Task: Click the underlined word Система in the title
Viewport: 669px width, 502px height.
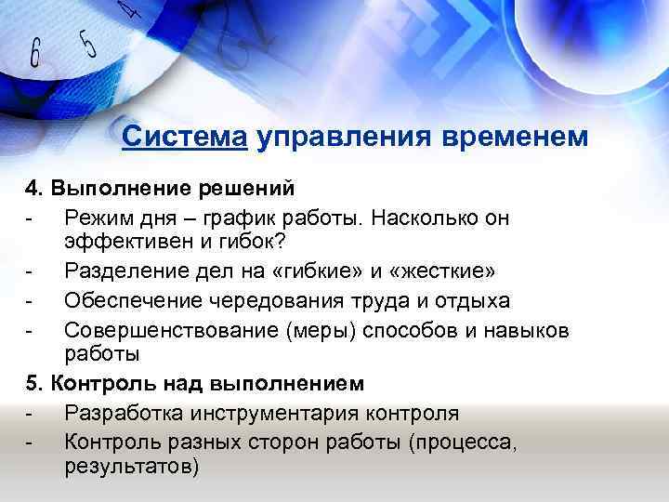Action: click(184, 138)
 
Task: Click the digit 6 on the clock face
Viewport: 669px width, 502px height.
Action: click(35, 53)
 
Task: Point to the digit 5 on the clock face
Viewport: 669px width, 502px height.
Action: click(88, 42)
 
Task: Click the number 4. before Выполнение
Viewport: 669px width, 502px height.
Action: click(34, 189)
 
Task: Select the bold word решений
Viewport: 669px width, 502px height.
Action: click(248, 189)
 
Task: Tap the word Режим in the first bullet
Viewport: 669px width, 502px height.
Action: click(96, 218)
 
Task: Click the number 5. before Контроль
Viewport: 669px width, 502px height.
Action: click(34, 382)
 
